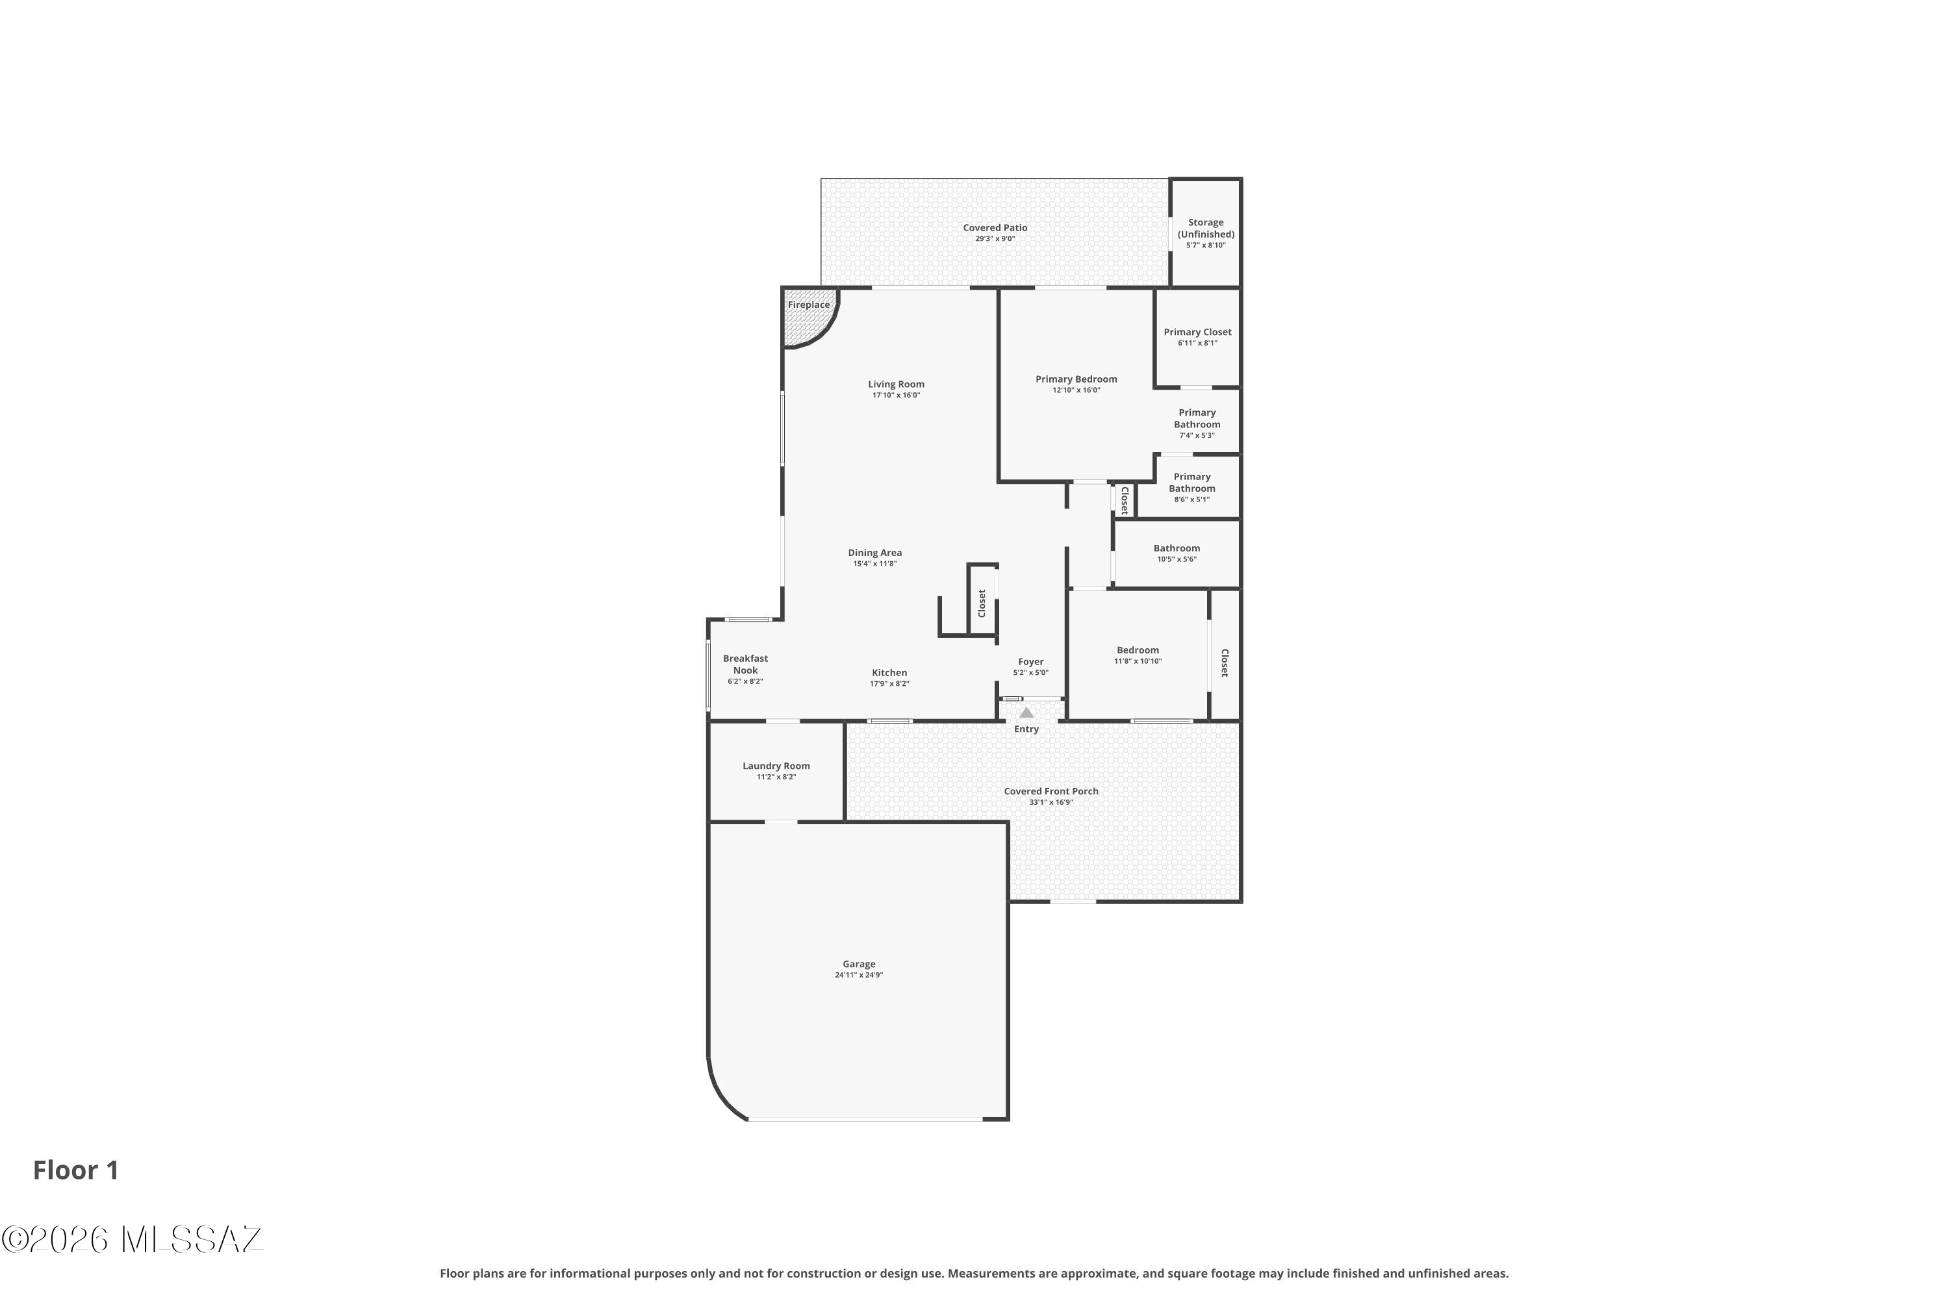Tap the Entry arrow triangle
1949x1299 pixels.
point(1026,713)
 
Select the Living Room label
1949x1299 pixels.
point(896,385)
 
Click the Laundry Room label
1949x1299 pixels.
point(776,766)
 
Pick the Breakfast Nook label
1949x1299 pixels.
point(745,664)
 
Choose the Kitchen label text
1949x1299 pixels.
point(889,673)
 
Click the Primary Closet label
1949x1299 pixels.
point(1197,332)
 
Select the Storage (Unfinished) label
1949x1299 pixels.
point(1205,229)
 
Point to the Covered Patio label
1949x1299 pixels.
point(995,228)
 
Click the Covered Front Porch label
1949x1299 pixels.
point(1051,791)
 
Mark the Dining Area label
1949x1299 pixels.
point(874,553)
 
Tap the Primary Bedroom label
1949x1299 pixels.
point(1076,379)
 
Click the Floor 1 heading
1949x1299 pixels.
point(75,1170)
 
